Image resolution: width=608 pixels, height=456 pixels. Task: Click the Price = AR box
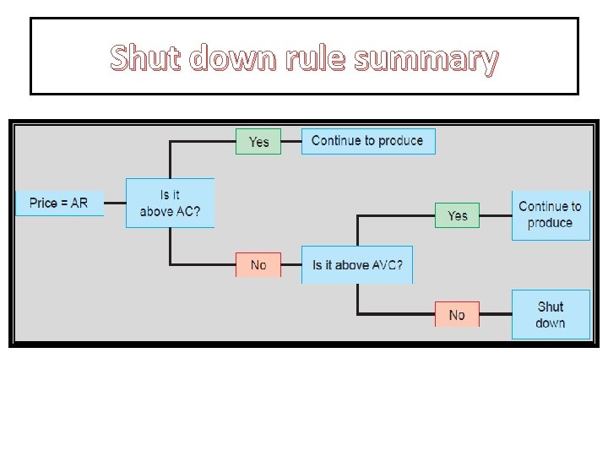(59, 203)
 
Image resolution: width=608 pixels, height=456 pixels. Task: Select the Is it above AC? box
(170, 203)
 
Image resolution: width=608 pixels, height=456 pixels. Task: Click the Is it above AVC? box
(357, 264)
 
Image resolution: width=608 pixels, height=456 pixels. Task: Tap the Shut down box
(551, 314)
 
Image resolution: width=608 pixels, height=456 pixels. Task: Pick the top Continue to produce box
(367, 141)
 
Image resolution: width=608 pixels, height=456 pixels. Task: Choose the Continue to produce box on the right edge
(551, 214)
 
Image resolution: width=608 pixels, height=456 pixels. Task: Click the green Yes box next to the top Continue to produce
(258, 141)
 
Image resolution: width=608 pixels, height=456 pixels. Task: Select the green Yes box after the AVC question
(457, 215)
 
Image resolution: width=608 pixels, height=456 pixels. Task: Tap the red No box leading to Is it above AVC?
(258, 264)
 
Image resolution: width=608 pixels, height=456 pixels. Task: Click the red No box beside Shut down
(457, 314)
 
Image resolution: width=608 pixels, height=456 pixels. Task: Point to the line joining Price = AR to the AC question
(115, 203)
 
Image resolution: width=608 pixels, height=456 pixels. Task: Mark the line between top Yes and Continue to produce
(291, 141)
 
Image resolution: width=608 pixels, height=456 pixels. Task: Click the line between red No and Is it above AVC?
(291, 265)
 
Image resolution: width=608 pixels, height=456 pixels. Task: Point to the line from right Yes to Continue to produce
(496, 215)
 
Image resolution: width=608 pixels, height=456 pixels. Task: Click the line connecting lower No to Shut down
(496, 315)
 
